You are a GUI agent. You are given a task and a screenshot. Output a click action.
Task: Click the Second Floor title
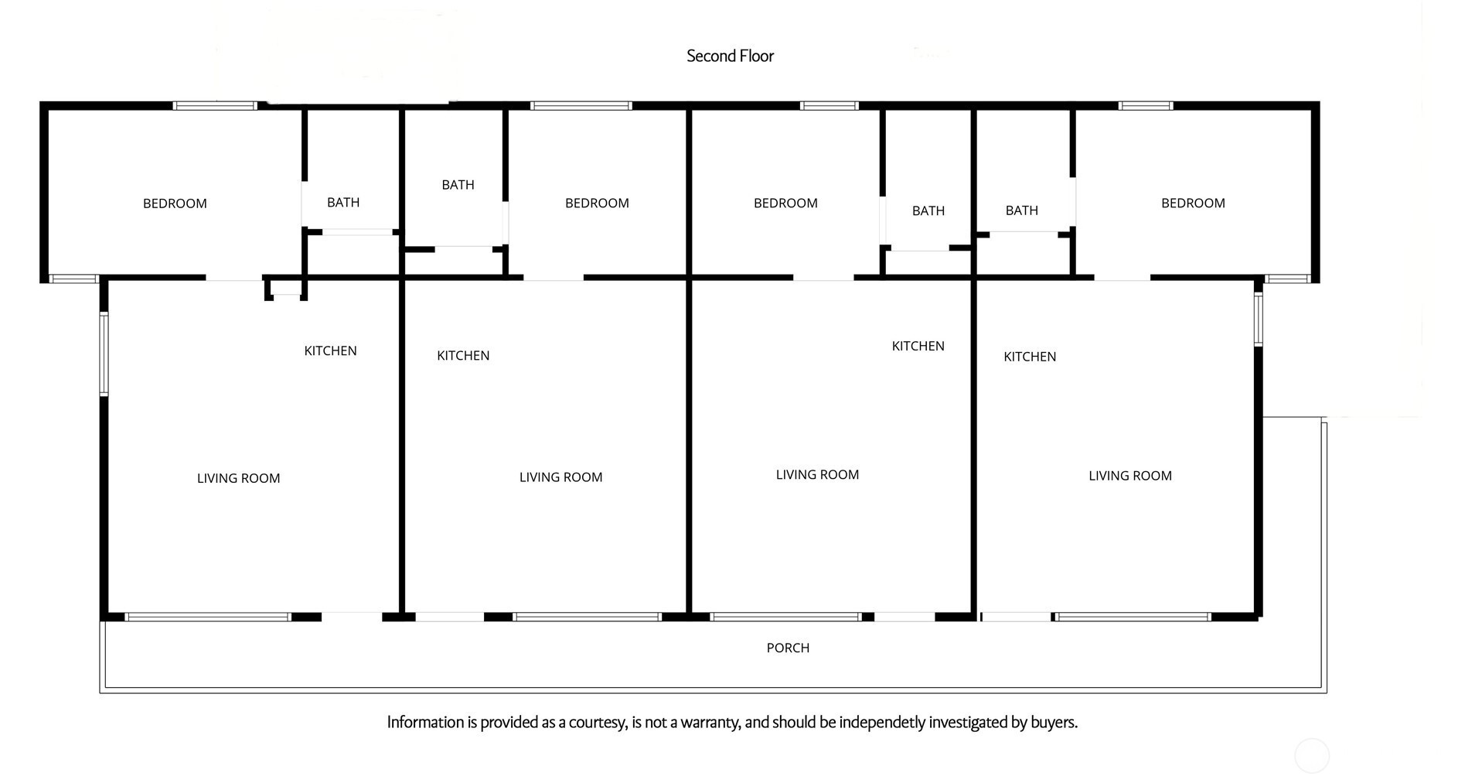(730, 56)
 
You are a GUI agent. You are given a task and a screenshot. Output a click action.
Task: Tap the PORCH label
(788, 648)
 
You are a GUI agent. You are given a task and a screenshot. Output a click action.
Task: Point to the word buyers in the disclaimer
(1054, 723)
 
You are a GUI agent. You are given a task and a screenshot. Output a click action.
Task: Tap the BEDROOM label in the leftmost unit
(175, 203)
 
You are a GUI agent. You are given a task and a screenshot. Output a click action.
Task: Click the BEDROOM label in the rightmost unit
(1193, 203)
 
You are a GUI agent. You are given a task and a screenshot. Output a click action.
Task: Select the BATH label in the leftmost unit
(343, 202)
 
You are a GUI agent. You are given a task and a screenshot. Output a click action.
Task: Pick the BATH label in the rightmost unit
(1021, 210)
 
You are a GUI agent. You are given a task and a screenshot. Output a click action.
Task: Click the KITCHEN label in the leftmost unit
(330, 350)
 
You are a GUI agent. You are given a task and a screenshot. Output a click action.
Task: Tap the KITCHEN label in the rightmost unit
(1030, 357)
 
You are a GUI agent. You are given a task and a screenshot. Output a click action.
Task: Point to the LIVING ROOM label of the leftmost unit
(238, 478)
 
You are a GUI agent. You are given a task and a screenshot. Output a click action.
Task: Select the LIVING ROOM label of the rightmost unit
(1129, 476)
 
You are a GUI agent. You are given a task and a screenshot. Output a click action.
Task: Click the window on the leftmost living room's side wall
(104, 354)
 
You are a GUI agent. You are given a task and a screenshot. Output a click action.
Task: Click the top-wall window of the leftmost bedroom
(214, 106)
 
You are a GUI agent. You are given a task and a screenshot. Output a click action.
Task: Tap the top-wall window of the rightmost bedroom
(1145, 106)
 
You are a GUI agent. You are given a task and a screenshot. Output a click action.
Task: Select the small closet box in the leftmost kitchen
(286, 287)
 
